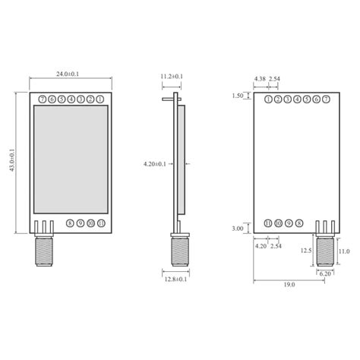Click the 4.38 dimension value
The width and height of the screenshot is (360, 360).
tap(261, 79)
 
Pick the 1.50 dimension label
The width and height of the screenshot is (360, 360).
tap(238, 96)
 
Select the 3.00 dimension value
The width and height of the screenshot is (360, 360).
tap(238, 228)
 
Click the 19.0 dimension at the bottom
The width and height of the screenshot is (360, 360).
tap(289, 285)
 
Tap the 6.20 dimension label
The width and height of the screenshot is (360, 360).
tap(325, 273)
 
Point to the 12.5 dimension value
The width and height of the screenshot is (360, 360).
tap(306, 250)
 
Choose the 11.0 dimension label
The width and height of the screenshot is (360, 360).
tap(343, 251)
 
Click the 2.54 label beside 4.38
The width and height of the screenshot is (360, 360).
tap(275, 79)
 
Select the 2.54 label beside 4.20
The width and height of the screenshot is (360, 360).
tap(276, 246)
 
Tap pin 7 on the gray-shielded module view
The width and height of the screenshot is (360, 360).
tap(42, 99)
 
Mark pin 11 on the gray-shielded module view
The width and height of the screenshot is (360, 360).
tap(101, 223)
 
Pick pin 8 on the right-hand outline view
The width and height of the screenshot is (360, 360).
tap(299, 223)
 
